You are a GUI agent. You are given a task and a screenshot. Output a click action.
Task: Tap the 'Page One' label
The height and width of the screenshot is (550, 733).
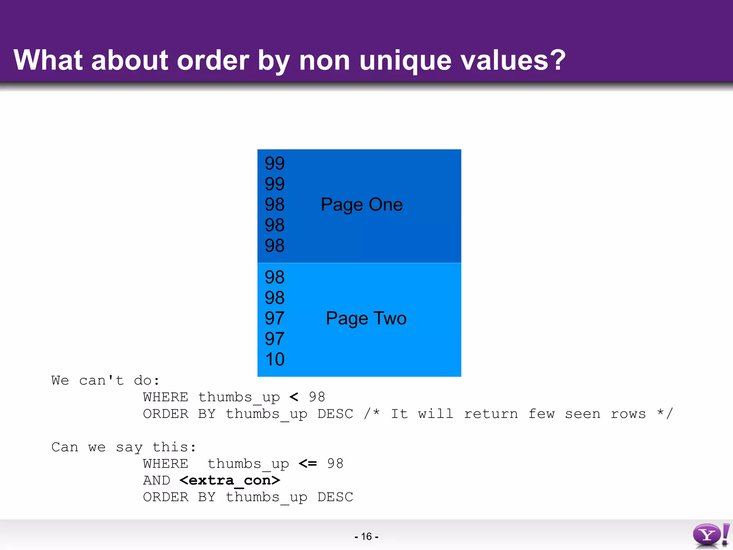point(361,205)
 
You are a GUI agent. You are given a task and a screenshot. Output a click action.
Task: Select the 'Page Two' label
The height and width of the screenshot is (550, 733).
point(366,318)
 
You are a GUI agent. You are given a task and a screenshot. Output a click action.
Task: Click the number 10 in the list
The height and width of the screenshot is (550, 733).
point(275,359)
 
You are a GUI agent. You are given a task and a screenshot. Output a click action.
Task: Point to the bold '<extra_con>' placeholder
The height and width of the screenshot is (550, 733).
point(229,481)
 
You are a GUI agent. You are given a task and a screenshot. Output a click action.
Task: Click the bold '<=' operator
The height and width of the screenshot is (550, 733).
point(308,464)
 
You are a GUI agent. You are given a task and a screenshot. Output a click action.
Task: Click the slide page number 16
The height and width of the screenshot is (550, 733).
point(366,536)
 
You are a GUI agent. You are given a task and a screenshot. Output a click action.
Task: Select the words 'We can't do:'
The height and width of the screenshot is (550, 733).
point(105,380)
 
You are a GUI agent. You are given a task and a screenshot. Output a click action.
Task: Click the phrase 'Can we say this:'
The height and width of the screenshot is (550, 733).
point(123,447)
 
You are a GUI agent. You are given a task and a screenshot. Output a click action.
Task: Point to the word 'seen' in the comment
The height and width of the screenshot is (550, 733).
point(583,414)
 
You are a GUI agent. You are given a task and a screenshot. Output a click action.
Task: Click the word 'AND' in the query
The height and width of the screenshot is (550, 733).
point(156,481)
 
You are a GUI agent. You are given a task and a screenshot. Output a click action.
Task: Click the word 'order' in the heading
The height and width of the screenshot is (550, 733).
point(213,60)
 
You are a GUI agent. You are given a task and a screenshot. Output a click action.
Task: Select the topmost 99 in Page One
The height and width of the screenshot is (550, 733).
point(275,163)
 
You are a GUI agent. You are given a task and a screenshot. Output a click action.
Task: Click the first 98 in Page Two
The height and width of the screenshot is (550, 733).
point(275,277)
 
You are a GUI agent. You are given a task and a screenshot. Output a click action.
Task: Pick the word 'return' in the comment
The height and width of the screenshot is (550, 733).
point(491,414)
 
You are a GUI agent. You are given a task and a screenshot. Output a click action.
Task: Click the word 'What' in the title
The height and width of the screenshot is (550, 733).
point(48,60)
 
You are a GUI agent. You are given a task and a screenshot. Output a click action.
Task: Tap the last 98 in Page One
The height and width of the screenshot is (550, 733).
point(275,246)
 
